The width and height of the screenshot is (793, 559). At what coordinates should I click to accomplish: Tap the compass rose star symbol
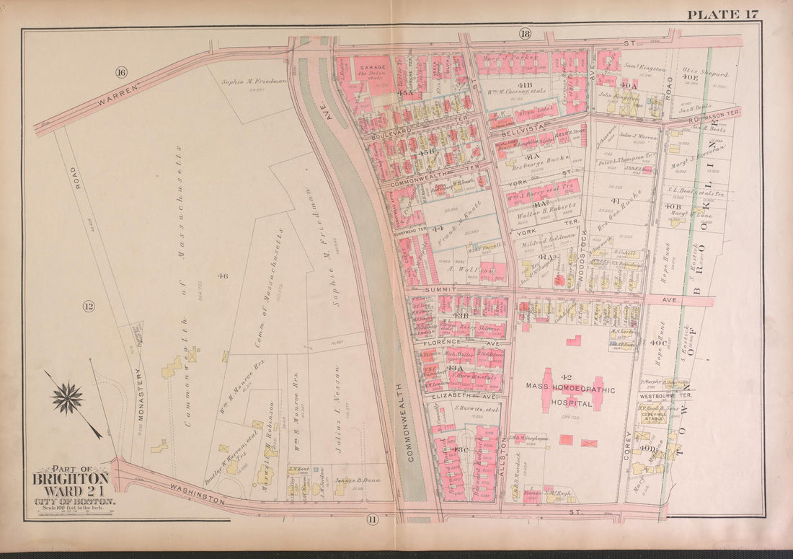click(x=68, y=399)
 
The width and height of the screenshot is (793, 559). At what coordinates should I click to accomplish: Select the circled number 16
click(x=120, y=71)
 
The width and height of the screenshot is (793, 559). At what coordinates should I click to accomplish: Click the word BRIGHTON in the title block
click(x=70, y=477)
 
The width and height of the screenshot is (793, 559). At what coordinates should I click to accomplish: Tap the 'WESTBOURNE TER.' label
click(x=665, y=396)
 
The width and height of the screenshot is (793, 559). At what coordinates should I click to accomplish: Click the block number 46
click(x=223, y=275)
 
